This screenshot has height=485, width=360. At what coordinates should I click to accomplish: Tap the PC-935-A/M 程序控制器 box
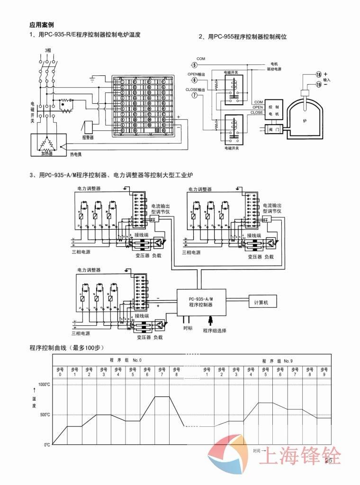[200, 302]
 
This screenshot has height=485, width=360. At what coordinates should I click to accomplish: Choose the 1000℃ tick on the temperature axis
[44, 384]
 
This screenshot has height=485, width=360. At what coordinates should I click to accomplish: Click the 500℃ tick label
[45, 414]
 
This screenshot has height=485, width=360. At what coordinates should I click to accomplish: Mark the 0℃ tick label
[47, 445]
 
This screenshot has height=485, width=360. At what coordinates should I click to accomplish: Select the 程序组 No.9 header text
[278, 360]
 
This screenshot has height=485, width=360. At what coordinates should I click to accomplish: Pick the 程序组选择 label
[214, 330]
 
